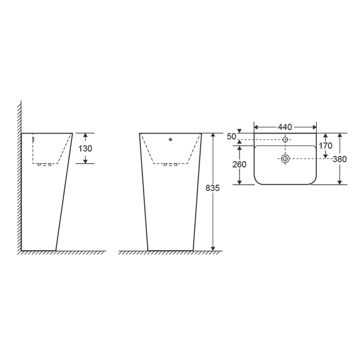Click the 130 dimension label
85,148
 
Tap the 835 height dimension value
212,188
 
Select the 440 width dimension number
285,127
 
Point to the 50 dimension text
231,136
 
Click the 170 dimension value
325,145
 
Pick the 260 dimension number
239,164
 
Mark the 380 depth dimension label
340,159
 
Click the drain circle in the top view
285,159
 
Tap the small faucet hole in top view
285,139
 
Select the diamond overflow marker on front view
171,139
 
